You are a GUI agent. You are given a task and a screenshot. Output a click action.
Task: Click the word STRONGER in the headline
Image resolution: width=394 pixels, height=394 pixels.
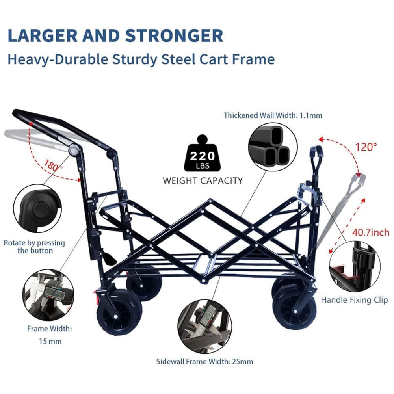pyautogui.click(x=174, y=36)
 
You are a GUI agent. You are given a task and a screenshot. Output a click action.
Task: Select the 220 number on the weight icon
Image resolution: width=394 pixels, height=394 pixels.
pyautogui.click(x=203, y=156)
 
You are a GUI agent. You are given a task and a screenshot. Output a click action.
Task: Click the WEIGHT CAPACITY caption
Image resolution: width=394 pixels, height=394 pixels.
pyautogui.click(x=203, y=181)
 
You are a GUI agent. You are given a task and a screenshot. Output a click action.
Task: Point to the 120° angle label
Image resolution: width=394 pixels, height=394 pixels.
pyautogui.click(x=366, y=147)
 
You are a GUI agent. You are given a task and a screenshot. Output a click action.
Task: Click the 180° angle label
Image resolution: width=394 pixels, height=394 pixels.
pyautogui.click(x=54, y=165)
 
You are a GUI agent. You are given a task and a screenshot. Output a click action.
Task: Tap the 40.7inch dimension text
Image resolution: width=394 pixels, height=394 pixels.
pyautogui.click(x=371, y=232)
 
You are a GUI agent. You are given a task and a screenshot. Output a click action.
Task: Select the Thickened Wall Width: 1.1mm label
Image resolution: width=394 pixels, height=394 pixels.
pyautogui.click(x=273, y=115)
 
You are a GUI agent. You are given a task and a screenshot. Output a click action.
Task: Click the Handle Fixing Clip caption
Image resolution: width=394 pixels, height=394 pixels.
pyautogui.click(x=354, y=300)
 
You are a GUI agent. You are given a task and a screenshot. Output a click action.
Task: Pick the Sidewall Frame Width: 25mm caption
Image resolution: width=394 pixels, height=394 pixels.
pyautogui.click(x=204, y=362)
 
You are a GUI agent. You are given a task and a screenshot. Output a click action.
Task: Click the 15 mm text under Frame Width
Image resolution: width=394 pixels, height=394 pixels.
pyautogui.click(x=50, y=342)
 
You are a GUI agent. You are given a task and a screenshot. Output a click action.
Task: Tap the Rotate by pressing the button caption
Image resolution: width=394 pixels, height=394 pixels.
pyautogui.click(x=34, y=247)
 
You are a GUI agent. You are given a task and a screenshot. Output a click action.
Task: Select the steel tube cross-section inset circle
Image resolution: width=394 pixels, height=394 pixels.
pyautogui.click(x=273, y=148)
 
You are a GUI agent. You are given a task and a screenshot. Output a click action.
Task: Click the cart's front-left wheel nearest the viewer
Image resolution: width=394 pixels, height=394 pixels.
pyautogui.click(x=120, y=313)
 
